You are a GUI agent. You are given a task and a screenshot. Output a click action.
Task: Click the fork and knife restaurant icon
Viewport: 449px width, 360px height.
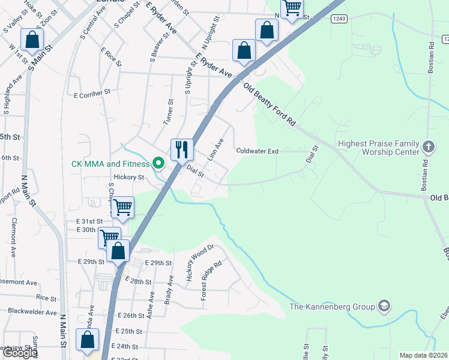pos(182,148)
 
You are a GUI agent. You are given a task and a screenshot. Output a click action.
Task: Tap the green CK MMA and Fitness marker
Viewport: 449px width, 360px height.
pos(158,163)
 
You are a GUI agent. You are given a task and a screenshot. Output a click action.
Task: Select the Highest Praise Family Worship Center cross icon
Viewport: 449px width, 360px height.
pos(429,146)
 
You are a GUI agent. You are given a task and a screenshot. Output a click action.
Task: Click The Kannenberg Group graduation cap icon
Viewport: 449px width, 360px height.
pos(384,307)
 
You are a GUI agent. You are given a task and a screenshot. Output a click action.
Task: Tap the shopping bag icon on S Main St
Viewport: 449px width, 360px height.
pos(32,40)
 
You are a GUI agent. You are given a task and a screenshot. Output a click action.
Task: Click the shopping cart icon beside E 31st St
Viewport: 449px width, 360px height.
pos(122,207)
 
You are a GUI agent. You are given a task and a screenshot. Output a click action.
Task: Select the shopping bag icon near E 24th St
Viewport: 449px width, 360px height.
pos(88,340)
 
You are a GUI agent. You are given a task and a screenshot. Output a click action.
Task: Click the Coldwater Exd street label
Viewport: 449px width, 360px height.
pos(257,151)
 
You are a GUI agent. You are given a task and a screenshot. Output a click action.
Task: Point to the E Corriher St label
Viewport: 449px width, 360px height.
pos(92,94)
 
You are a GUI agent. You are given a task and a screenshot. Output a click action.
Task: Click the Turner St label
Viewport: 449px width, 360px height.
pos(169,112)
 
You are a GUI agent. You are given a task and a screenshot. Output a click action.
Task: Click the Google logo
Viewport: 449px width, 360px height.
pos(20,353)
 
